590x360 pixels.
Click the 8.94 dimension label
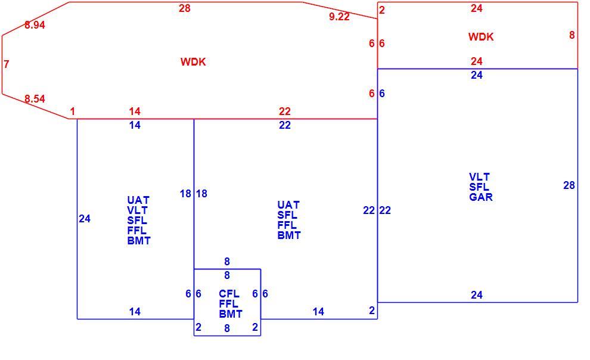click(35, 25)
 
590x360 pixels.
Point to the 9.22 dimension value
click(339, 17)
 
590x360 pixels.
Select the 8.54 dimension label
click(35, 99)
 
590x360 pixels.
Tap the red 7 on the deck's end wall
click(7, 64)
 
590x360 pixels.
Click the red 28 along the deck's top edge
click(184, 8)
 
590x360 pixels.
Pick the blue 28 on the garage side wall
click(569, 185)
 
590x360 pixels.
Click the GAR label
click(480, 197)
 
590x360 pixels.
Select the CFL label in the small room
click(229, 293)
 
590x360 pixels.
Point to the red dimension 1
click(72, 111)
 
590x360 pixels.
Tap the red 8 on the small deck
click(572, 35)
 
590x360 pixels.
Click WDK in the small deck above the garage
click(481, 37)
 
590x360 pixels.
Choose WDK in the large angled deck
click(193, 62)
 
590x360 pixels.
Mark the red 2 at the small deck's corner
click(382, 10)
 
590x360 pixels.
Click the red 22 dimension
click(285, 111)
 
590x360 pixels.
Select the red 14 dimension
click(135, 111)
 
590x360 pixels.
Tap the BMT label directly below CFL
click(231, 314)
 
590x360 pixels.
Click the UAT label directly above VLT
click(138, 200)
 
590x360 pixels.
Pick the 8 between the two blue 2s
click(227, 328)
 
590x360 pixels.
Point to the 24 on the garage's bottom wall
click(477, 295)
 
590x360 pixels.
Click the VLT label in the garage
click(479, 177)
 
